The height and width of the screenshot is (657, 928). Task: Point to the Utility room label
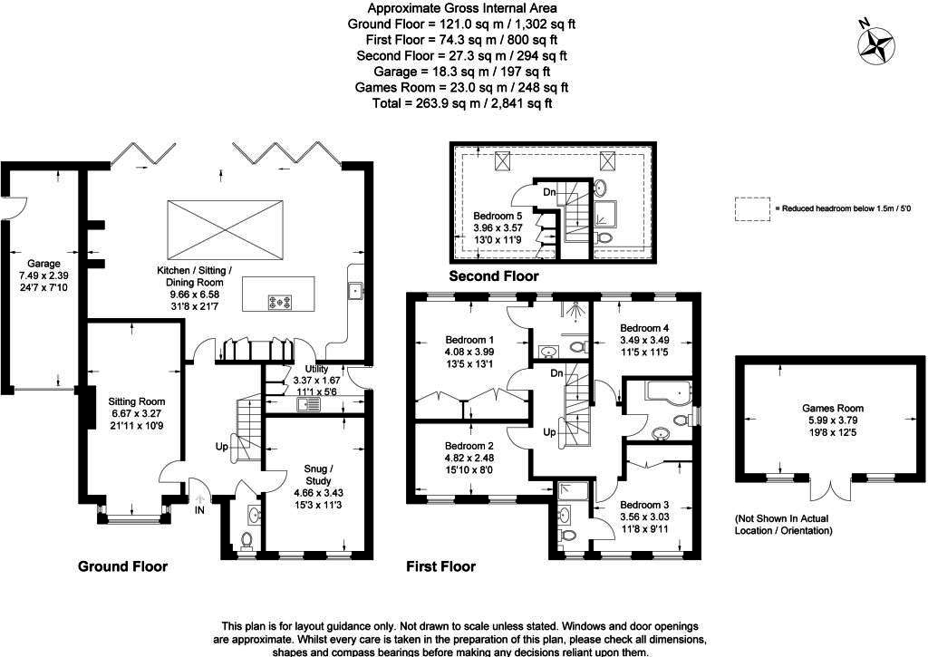316,370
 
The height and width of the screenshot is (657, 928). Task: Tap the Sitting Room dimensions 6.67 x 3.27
136,413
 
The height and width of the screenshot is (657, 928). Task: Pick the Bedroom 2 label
469,446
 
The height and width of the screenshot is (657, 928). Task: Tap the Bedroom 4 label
644,328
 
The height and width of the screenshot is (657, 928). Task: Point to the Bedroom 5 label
498,216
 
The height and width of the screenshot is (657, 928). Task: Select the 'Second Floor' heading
493,276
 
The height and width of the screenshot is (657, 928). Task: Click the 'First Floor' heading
440,567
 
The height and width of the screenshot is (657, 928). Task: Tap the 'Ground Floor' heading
122,567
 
